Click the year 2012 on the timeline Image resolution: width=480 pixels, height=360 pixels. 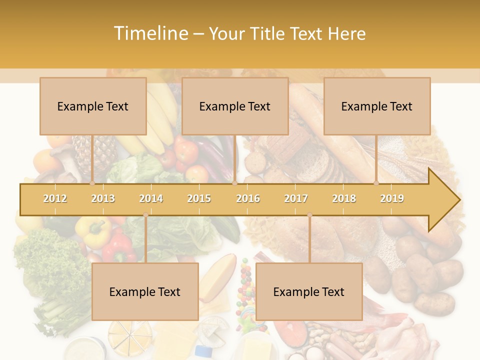coord(55,198)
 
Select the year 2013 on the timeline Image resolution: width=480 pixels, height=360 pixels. coord(103,198)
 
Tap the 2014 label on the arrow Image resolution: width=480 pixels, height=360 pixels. coord(151,198)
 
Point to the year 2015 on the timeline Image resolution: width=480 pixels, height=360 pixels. coord(199,198)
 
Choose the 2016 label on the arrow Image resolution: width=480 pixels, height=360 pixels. coord(248,198)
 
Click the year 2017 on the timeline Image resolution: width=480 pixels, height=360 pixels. coord(296,198)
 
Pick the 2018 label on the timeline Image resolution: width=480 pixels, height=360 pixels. coord(344,198)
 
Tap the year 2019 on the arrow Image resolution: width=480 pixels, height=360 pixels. coord(392,198)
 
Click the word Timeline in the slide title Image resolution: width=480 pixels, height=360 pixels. coord(150,33)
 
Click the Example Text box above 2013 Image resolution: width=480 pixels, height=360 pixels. coord(93,106)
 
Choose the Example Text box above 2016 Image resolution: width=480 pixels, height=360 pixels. coord(235,106)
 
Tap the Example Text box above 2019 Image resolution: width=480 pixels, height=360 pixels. coord(377,106)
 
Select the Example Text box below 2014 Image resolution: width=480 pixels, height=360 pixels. coord(145,291)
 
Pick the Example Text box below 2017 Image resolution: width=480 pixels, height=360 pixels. coord(309,291)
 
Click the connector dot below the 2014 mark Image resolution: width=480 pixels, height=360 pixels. coord(145,215)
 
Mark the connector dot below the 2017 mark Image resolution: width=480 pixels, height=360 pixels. coord(309,215)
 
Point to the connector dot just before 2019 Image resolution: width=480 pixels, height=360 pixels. coord(376,183)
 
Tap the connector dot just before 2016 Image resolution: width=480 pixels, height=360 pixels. coord(234,183)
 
